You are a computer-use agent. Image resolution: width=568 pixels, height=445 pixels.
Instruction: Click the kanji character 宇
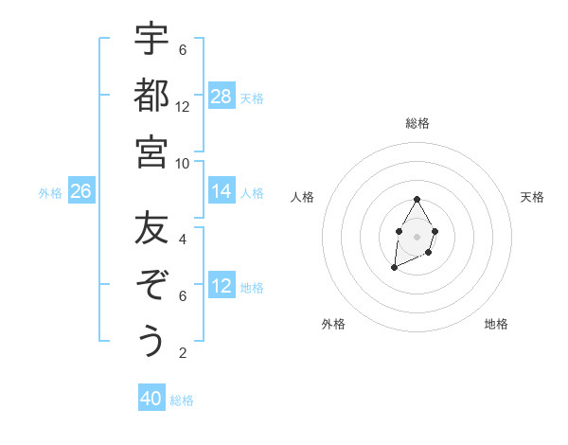pyautogui.click(x=151, y=40)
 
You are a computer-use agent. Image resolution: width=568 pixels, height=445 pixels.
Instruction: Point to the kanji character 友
pyautogui.click(x=151, y=229)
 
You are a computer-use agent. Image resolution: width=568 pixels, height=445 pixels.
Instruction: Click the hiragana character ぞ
pyautogui.click(x=151, y=285)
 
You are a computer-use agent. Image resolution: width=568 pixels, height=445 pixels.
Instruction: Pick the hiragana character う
pyautogui.click(x=151, y=341)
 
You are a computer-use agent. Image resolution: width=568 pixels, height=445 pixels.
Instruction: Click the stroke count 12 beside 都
pyautogui.click(x=183, y=106)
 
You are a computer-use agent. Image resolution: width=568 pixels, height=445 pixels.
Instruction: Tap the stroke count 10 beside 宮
pyautogui.click(x=183, y=163)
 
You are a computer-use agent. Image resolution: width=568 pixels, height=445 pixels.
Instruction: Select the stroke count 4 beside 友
pyautogui.click(x=183, y=240)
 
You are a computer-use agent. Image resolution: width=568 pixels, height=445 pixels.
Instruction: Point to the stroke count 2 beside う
pyautogui.click(x=183, y=353)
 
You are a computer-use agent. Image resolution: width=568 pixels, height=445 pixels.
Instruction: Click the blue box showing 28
pyautogui.click(x=222, y=97)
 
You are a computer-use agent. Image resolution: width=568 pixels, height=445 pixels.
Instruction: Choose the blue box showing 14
pyautogui.click(x=222, y=191)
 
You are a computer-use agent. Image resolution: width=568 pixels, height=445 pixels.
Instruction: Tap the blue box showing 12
pyautogui.click(x=222, y=286)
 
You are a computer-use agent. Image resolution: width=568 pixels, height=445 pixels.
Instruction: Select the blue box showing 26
pyautogui.click(x=81, y=191)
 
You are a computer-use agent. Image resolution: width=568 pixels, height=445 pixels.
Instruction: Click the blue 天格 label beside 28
pyautogui.click(x=252, y=98)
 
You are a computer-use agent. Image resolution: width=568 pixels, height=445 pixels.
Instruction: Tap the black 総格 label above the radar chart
pyautogui.click(x=417, y=124)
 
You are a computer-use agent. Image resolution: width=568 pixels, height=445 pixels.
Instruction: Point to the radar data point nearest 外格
pyautogui.click(x=395, y=268)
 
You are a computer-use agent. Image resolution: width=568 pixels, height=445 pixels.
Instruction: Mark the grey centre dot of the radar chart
pyautogui.click(x=417, y=235)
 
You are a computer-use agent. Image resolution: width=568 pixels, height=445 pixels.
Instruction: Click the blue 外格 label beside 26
pyautogui.click(x=50, y=193)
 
